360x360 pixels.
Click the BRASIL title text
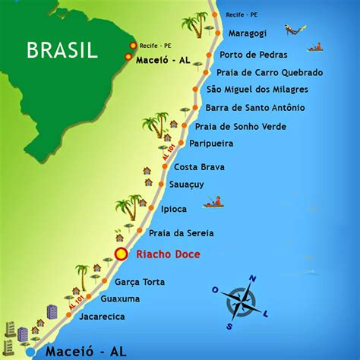(x=62, y=50)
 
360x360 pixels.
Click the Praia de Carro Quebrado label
(x=270, y=73)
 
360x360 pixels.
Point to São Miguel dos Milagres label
(x=262, y=90)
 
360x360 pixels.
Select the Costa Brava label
(x=200, y=166)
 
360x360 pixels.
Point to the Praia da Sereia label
(x=181, y=232)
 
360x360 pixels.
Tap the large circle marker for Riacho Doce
(x=120, y=254)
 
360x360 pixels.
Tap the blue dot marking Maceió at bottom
(x=30, y=352)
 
